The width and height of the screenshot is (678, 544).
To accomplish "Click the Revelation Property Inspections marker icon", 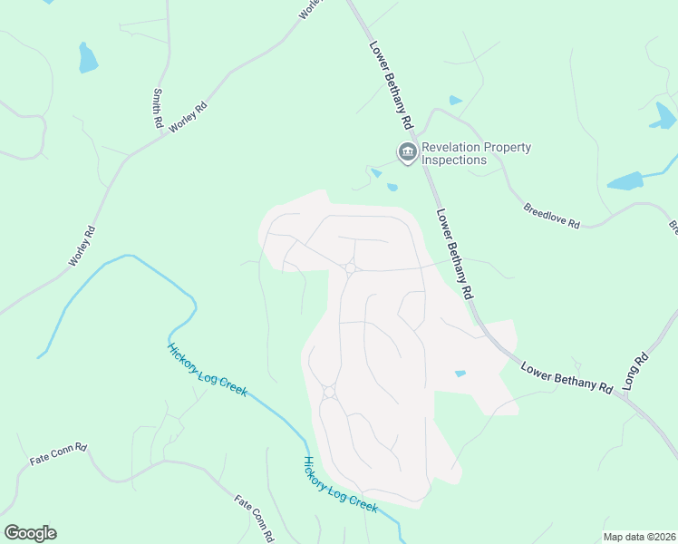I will coord(407,152).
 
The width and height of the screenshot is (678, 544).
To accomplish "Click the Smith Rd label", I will coord(157,108).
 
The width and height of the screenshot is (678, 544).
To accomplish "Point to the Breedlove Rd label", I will coord(551,215).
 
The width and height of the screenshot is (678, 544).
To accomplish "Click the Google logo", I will coord(30,533).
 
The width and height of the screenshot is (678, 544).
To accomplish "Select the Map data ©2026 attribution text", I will coord(638,537).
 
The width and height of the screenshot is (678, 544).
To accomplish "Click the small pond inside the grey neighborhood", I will coord(460,374).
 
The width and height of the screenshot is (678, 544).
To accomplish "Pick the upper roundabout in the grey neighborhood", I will coord(350,267).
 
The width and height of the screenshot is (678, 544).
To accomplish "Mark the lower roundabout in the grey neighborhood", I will coord(328,392).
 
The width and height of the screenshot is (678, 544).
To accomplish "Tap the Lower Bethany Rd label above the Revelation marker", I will coord(391,83).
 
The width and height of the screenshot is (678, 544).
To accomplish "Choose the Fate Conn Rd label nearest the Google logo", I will coord(58,453).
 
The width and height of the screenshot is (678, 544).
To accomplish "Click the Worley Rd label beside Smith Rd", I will coord(189,119).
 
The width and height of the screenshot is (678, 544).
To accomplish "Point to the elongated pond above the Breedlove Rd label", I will coord(625,181).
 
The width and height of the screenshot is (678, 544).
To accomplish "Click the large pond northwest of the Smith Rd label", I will coord(87,58).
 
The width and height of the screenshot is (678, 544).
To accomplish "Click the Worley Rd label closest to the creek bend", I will coord(82,246).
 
